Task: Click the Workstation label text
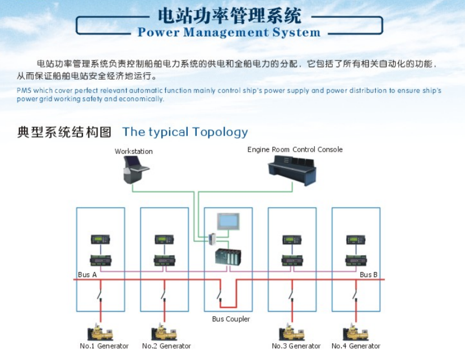[x=133, y=151]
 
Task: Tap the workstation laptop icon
[x=136, y=169]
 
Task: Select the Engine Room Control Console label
[x=295, y=149]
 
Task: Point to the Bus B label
[x=368, y=274]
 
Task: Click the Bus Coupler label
[x=231, y=319]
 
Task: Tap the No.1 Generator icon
[x=101, y=331]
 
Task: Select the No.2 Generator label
[x=166, y=346]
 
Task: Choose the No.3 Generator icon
[x=292, y=331]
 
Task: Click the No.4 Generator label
[x=356, y=346]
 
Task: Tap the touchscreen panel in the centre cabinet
[x=228, y=222]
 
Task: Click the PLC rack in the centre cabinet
[x=228, y=257]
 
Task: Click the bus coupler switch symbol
[x=220, y=293]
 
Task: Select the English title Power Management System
[x=229, y=32]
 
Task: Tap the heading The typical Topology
[x=185, y=132]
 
